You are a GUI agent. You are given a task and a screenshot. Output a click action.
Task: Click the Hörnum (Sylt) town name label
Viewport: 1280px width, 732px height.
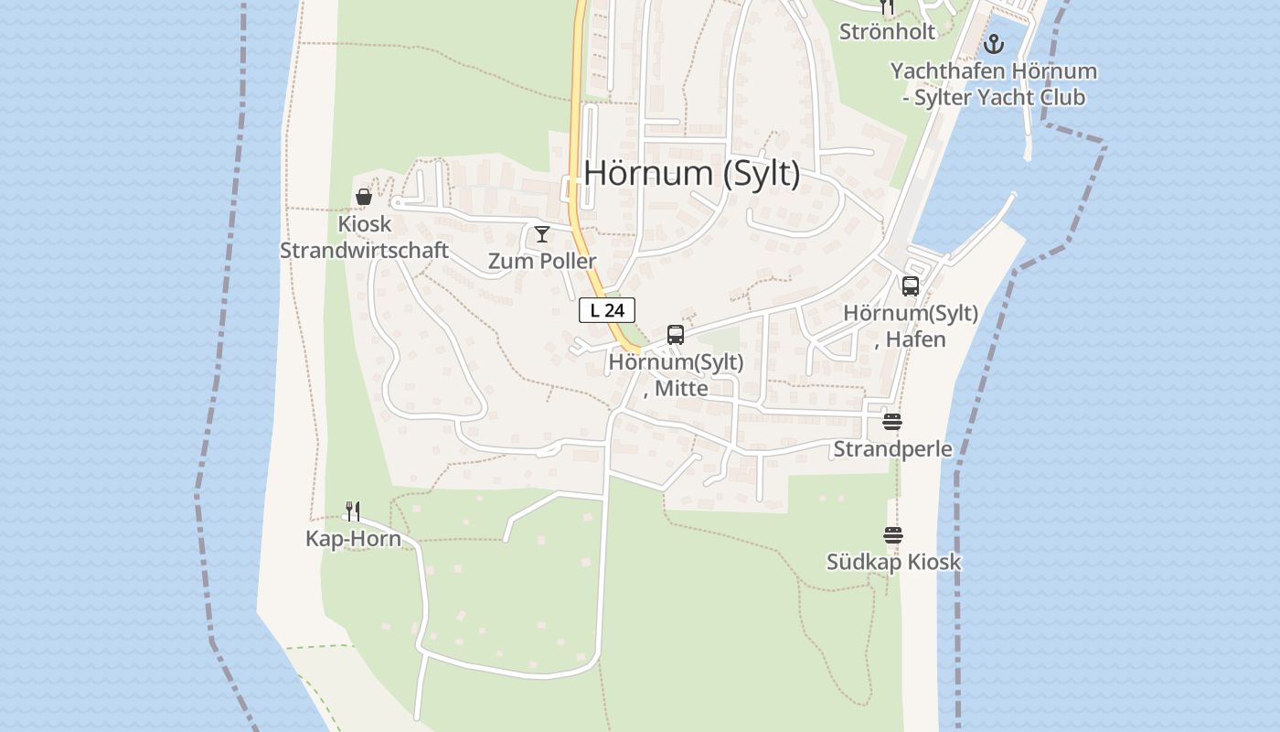tap(691, 173)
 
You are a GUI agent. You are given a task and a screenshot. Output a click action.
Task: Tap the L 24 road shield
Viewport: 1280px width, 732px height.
tap(607, 310)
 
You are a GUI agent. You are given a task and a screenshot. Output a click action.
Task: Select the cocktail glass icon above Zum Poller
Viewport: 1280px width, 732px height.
tap(542, 234)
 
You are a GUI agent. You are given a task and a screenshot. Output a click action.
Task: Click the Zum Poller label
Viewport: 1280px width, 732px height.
tap(542, 261)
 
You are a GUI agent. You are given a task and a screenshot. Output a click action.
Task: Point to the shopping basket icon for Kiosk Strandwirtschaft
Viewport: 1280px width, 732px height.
tap(364, 197)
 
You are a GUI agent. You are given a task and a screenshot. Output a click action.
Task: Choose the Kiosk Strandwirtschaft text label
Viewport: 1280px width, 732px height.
tap(364, 237)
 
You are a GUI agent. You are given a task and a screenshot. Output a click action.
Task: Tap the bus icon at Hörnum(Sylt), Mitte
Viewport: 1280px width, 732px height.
tap(676, 335)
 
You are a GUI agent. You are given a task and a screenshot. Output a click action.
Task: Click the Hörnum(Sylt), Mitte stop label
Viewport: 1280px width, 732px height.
tap(676, 375)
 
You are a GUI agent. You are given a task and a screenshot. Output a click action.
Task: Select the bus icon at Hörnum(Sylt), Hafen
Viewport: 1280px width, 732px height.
tap(911, 286)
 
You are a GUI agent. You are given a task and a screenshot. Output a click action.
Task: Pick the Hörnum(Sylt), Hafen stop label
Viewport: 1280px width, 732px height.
tap(911, 326)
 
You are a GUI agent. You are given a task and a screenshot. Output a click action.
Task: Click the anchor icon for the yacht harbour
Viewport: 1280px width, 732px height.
tap(994, 44)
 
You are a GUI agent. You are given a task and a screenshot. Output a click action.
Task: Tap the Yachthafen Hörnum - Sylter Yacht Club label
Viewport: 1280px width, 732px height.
tap(994, 84)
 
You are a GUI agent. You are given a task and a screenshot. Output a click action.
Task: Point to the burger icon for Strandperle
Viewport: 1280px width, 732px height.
tap(892, 422)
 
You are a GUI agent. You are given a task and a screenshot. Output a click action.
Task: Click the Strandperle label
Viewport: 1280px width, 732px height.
tap(892, 449)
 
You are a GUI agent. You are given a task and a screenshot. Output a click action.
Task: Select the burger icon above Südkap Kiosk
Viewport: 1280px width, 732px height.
tap(893, 535)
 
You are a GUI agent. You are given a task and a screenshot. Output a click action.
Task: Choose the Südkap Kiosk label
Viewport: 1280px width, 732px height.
tap(893, 562)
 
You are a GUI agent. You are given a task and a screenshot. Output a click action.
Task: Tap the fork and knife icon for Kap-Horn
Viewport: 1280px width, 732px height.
tap(353, 511)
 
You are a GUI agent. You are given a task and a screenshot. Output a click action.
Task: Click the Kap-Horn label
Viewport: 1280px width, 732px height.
tap(353, 539)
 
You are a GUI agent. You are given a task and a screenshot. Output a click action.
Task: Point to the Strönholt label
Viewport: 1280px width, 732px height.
tap(888, 32)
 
